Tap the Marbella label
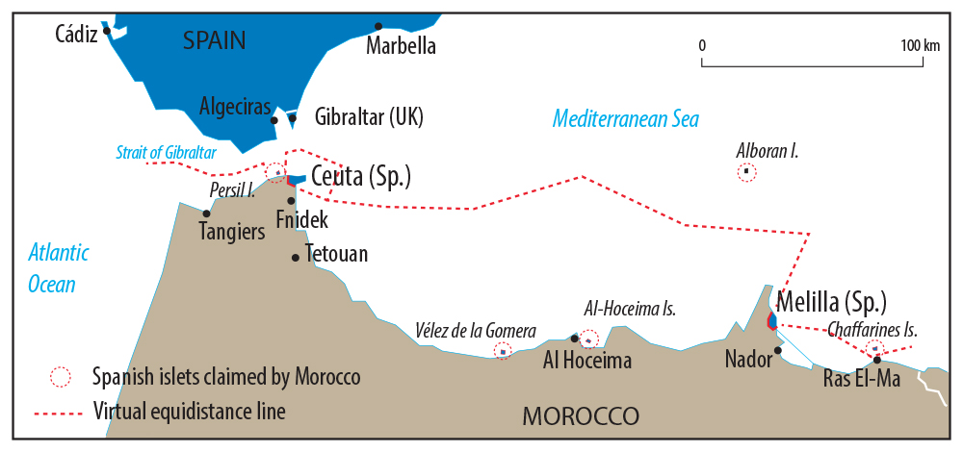tap(402, 46)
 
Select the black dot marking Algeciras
tap(274, 120)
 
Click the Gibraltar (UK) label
tap(369, 117)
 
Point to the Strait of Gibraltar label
tap(166, 151)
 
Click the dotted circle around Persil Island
tap(275, 172)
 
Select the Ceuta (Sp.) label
tap(361, 177)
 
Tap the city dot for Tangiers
tap(206, 213)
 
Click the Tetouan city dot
tap(296, 257)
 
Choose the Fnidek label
tap(301, 220)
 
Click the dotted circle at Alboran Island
tap(746, 172)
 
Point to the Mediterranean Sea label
tap(625, 119)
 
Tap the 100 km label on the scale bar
tap(920, 46)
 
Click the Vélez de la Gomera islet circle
tap(502, 351)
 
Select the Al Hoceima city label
tap(587, 362)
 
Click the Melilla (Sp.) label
tap(831, 300)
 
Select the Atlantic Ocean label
tap(58, 268)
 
